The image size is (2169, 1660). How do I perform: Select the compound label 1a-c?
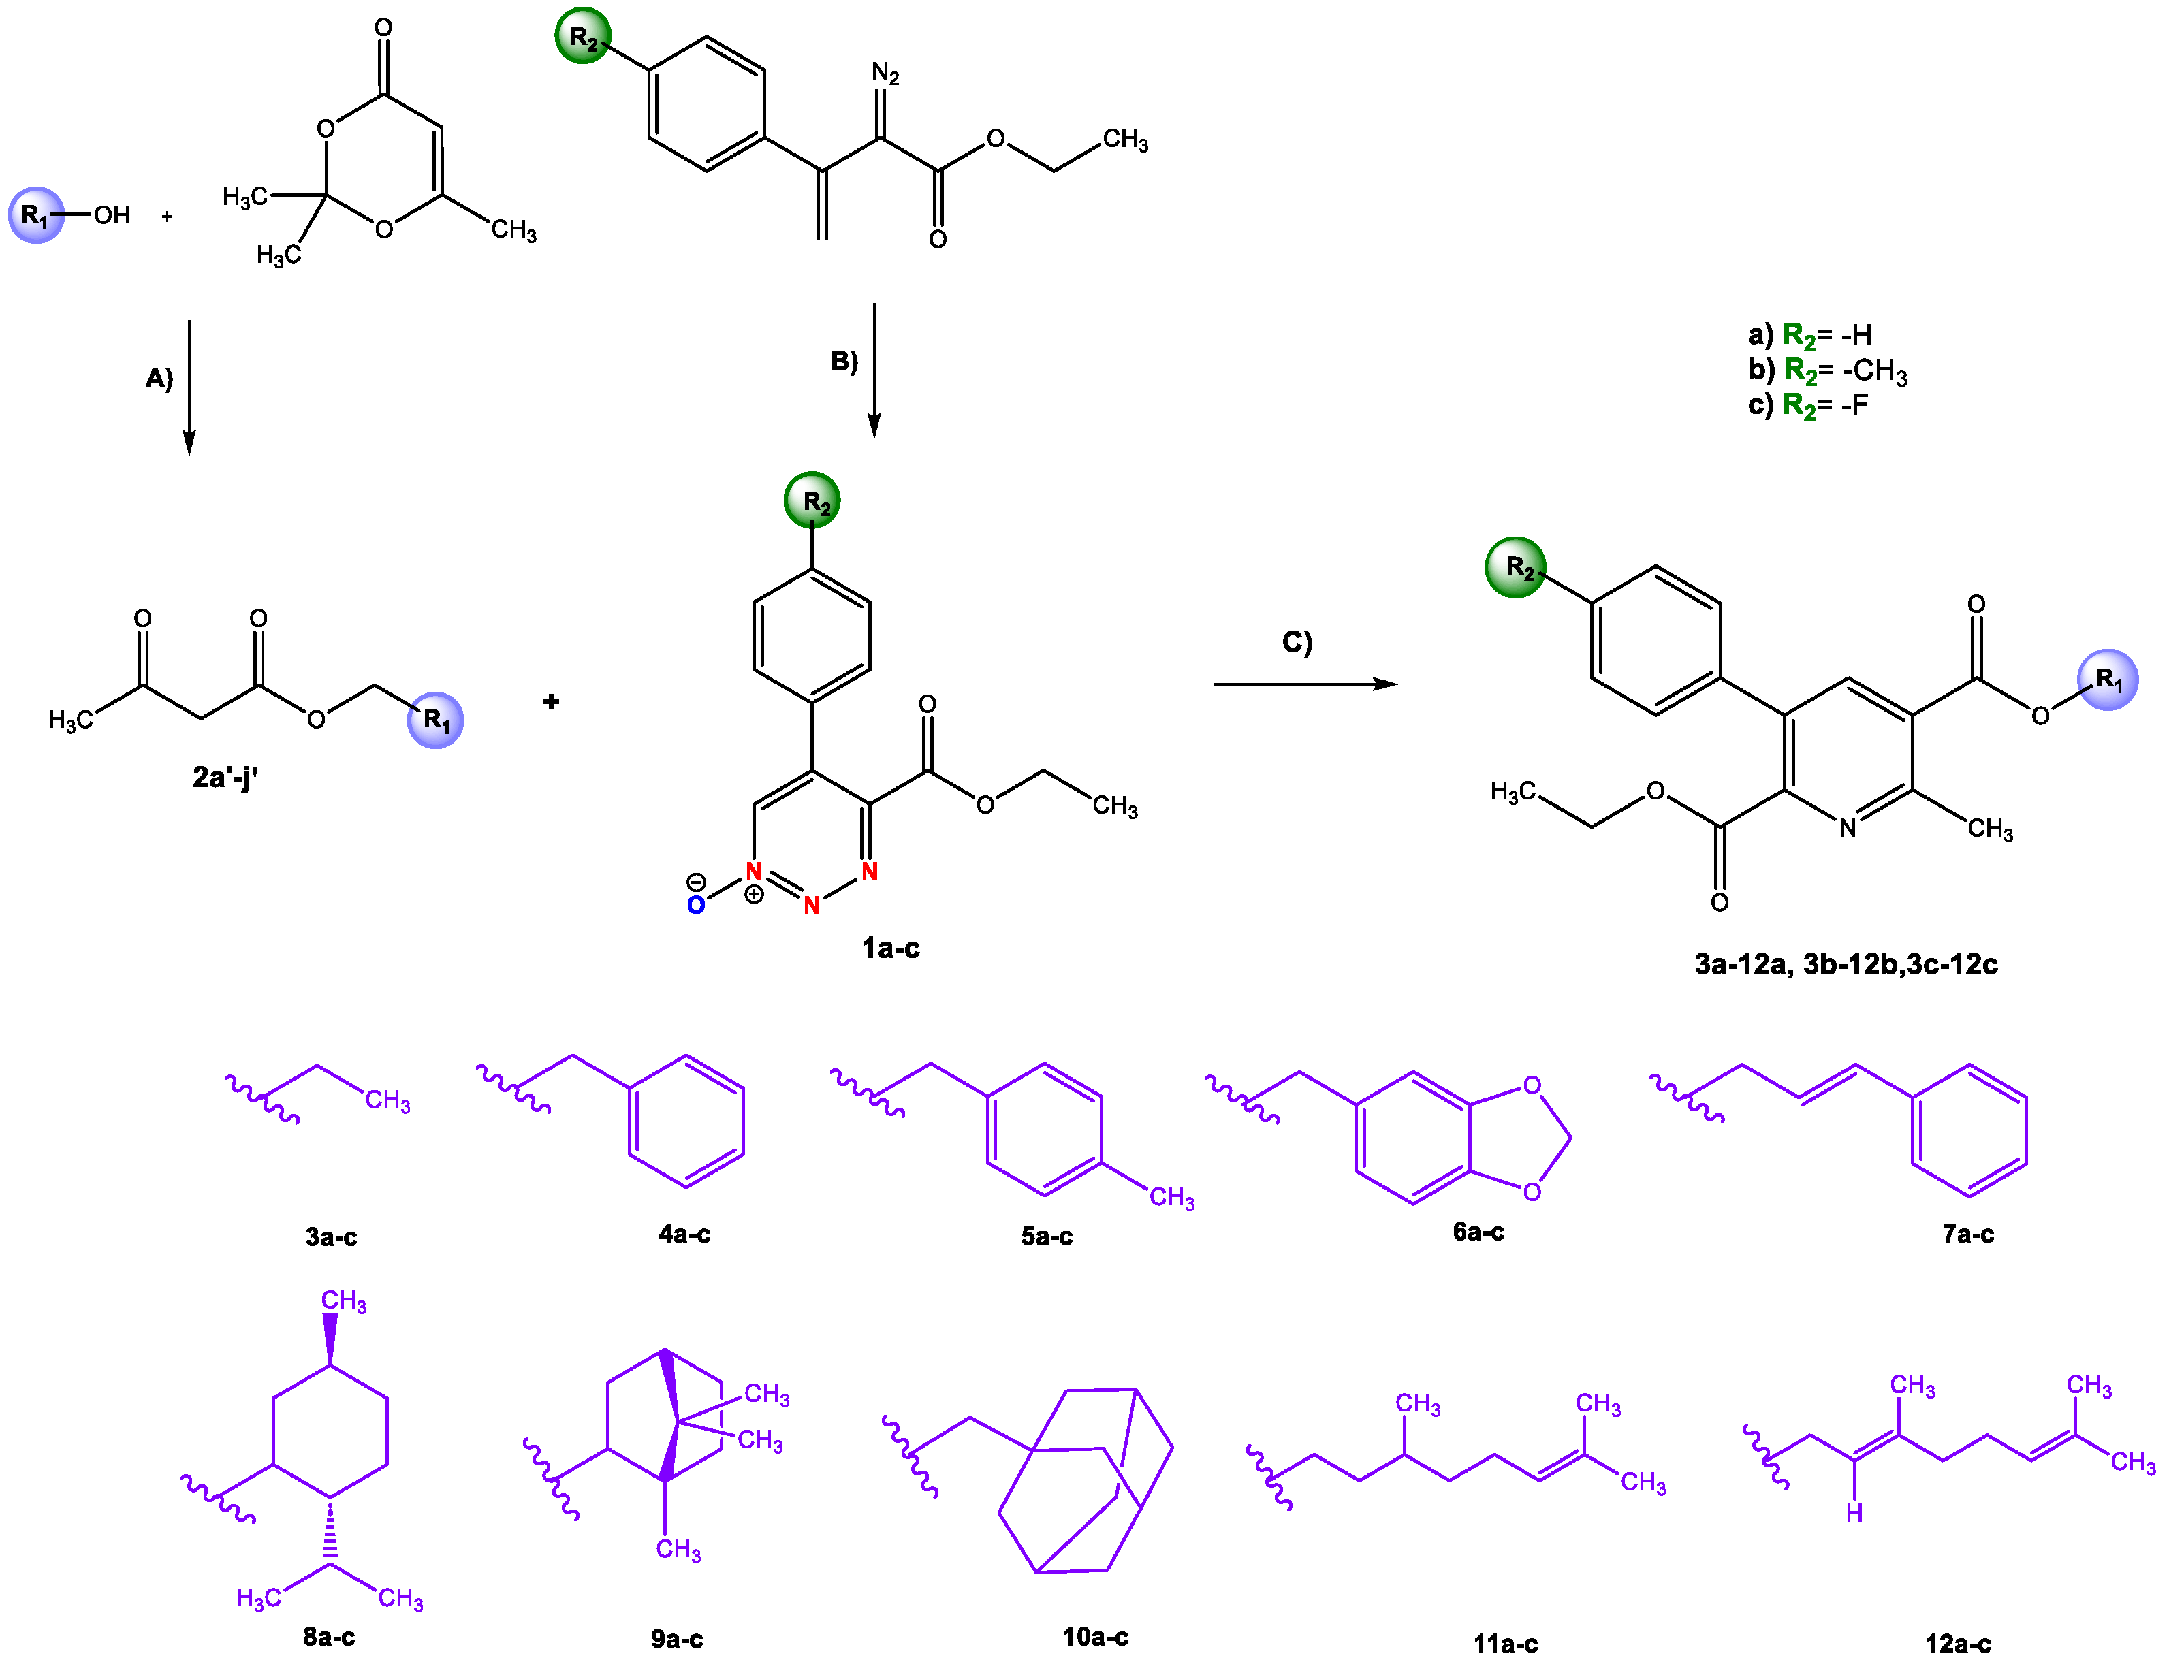click(x=890, y=948)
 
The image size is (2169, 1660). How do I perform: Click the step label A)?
click(x=159, y=379)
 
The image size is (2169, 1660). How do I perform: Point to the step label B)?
click(x=844, y=362)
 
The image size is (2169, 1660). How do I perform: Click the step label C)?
click(x=1297, y=642)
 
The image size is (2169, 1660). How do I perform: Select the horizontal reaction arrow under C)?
click(x=1304, y=684)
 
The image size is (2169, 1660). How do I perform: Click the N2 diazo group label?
click(x=885, y=73)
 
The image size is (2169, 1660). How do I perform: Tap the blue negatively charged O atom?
click(x=696, y=905)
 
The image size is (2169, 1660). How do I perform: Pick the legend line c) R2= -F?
click(x=1807, y=405)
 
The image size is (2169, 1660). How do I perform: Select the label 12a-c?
click(x=1957, y=1643)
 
